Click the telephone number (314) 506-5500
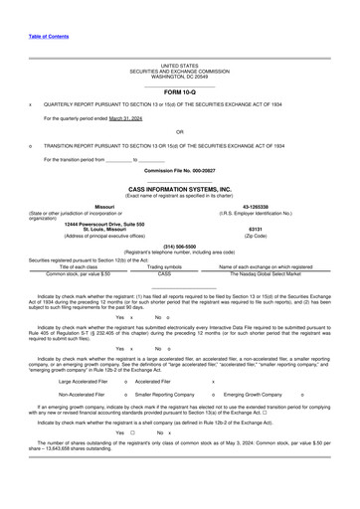(179, 245)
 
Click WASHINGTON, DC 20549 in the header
(180, 77)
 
